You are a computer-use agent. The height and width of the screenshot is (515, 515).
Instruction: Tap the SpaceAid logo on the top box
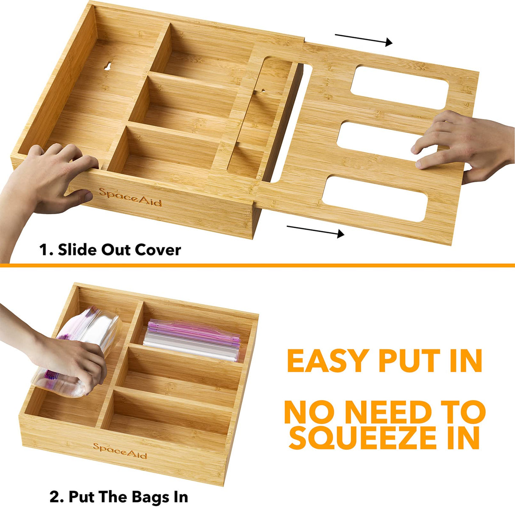[x=130, y=197]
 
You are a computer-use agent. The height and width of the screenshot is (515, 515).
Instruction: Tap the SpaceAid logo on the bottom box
[x=120, y=451]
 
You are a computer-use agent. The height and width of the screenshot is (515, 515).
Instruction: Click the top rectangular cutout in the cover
[x=401, y=82]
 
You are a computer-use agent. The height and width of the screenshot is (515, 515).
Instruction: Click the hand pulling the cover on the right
[x=467, y=144]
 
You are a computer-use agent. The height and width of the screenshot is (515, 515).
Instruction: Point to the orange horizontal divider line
[x=257, y=266]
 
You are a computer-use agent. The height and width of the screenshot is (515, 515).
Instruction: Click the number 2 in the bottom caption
[x=54, y=496]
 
